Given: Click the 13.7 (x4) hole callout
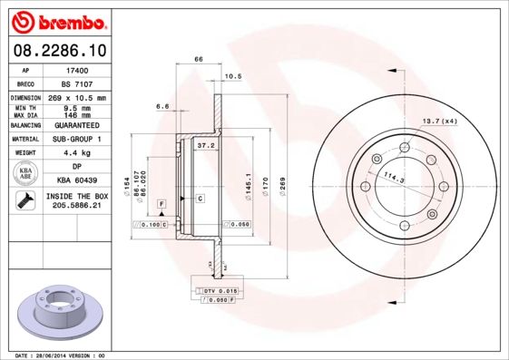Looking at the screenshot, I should tap(437, 122).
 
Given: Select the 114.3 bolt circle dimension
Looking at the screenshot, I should tap(392, 176).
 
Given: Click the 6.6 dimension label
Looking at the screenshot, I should tap(163, 106).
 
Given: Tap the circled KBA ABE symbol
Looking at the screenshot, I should tap(26, 174).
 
